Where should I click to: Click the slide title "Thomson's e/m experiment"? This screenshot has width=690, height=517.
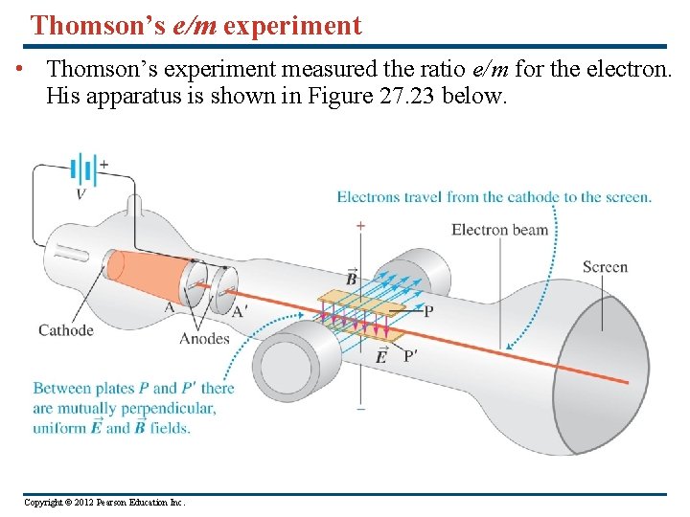195,25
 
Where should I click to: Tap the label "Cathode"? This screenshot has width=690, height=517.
65,330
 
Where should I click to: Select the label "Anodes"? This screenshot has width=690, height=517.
205,338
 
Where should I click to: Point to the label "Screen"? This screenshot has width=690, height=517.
605,267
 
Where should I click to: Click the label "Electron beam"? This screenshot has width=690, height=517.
499,229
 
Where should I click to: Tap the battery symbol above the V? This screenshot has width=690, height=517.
84,170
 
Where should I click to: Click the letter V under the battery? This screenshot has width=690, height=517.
80,193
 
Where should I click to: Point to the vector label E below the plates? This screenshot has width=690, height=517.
380,356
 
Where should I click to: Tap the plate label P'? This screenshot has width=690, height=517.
410,356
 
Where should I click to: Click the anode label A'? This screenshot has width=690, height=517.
239,309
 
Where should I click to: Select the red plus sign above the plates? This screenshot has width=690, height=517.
360,226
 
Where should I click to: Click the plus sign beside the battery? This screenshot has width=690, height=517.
103,164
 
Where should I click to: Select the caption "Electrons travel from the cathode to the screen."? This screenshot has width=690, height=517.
494,197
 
